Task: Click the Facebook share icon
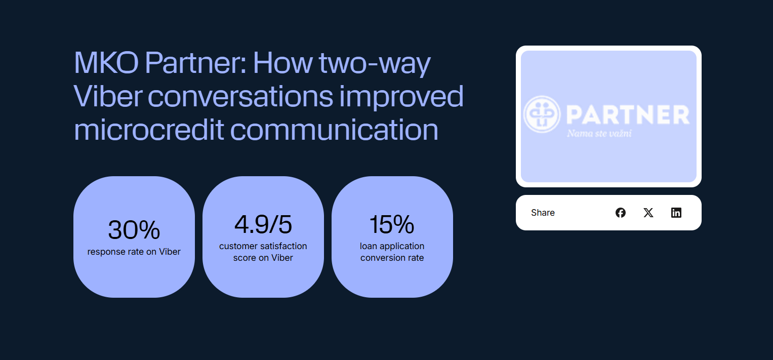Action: click(621, 213)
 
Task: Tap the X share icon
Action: click(648, 213)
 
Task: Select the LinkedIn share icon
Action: click(676, 213)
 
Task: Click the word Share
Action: click(543, 213)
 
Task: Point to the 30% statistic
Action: click(134, 230)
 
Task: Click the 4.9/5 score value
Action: click(263, 224)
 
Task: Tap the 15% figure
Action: click(392, 224)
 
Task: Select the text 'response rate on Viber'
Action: click(134, 252)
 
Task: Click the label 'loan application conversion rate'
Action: click(392, 252)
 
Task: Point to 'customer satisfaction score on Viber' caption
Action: click(263, 252)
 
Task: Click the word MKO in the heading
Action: click(106, 63)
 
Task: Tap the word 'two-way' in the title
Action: click(375, 64)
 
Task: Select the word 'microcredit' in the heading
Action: click(149, 130)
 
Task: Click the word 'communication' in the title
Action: click(334, 130)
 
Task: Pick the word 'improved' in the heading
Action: click(401, 97)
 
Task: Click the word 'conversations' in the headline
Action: click(240, 97)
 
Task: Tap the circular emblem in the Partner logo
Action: click(542, 114)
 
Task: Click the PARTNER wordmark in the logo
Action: click(628, 115)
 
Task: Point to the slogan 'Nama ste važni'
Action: click(599, 134)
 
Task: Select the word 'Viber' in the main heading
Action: click(108, 97)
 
